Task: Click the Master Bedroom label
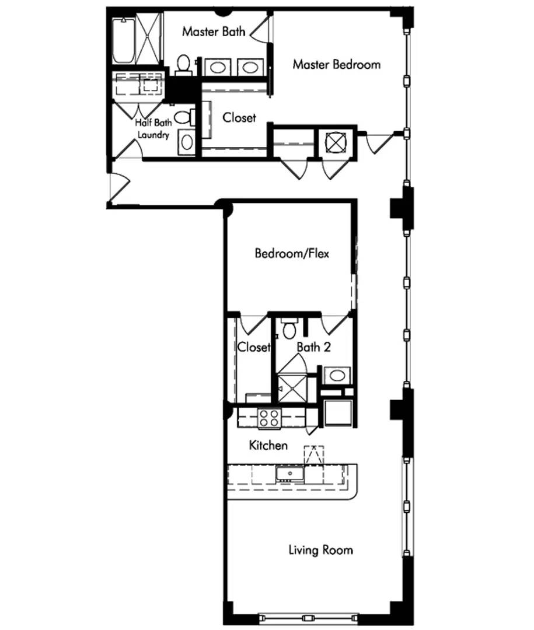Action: click(336, 64)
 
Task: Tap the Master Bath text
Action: click(213, 32)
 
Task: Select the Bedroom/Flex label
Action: click(292, 253)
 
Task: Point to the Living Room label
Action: click(320, 549)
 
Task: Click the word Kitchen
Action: click(268, 446)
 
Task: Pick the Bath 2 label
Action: click(313, 347)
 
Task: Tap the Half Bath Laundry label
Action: click(153, 129)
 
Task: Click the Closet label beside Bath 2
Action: click(254, 347)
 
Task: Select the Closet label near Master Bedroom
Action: click(239, 117)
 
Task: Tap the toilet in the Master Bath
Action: click(184, 64)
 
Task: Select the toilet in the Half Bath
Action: click(183, 117)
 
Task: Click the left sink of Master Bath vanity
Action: click(217, 68)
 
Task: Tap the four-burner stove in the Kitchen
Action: click(269, 418)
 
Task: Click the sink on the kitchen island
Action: click(289, 473)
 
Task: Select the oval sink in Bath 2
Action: click(337, 375)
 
